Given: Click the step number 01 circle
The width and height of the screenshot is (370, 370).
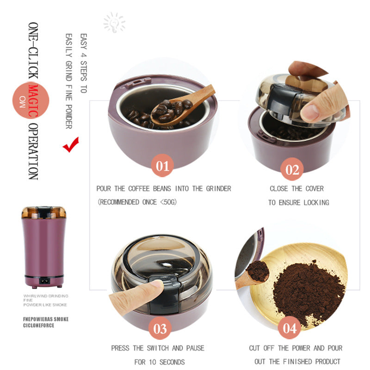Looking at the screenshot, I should coord(162,166).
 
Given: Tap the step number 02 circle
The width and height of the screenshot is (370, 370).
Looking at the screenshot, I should coord(292,169).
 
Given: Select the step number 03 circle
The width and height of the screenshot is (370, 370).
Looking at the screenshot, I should coord(160,328).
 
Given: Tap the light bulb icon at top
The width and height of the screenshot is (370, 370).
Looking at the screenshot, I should coord(114,22).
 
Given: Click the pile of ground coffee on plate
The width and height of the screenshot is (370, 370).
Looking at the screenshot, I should coord(308,291).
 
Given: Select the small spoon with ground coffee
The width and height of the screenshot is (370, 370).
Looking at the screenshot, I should coord(256,273).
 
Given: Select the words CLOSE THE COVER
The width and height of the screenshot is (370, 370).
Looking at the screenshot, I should coord(296,189).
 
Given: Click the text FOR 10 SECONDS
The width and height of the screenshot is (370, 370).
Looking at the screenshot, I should coord(159,362).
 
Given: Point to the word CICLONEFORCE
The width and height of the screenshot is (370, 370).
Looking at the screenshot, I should coord(39,325).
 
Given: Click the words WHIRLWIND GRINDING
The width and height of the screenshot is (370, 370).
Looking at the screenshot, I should coord(46,295).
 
